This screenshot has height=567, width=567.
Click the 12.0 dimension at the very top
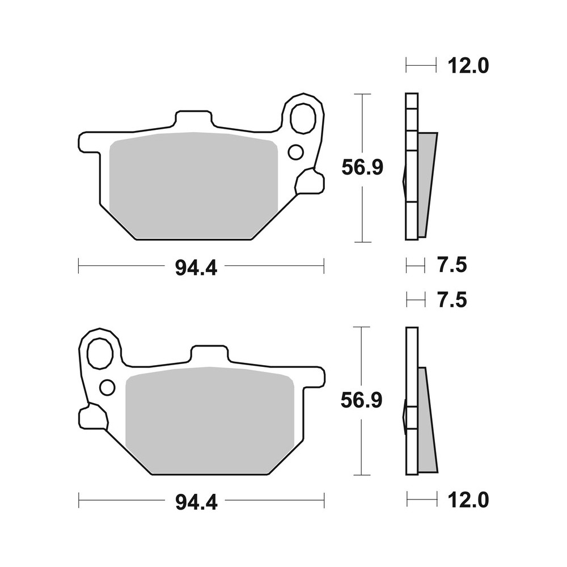click(x=468, y=66)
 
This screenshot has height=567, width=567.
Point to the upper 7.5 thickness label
click(x=452, y=265)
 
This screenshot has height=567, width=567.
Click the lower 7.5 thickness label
click(x=452, y=299)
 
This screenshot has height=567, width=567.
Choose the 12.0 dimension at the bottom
click(x=468, y=500)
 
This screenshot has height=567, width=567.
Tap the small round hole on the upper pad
click(x=295, y=152)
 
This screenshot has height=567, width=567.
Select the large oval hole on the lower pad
click(x=100, y=353)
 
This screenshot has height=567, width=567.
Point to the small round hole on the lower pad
click(x=107, y=387)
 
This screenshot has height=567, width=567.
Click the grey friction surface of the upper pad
click(x=193, y=184)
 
